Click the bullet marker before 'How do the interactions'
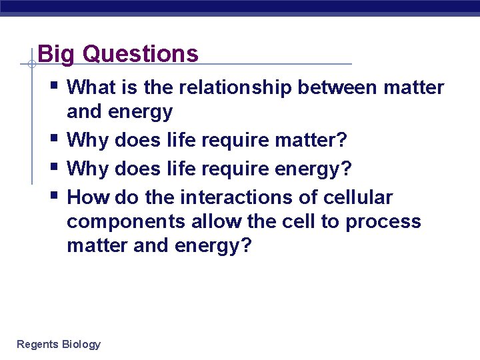click(x=53, y=195)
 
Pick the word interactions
click(x=249, y=198)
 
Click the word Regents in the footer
click(x=37, y=345)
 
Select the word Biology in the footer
click(x=81, y=345)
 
